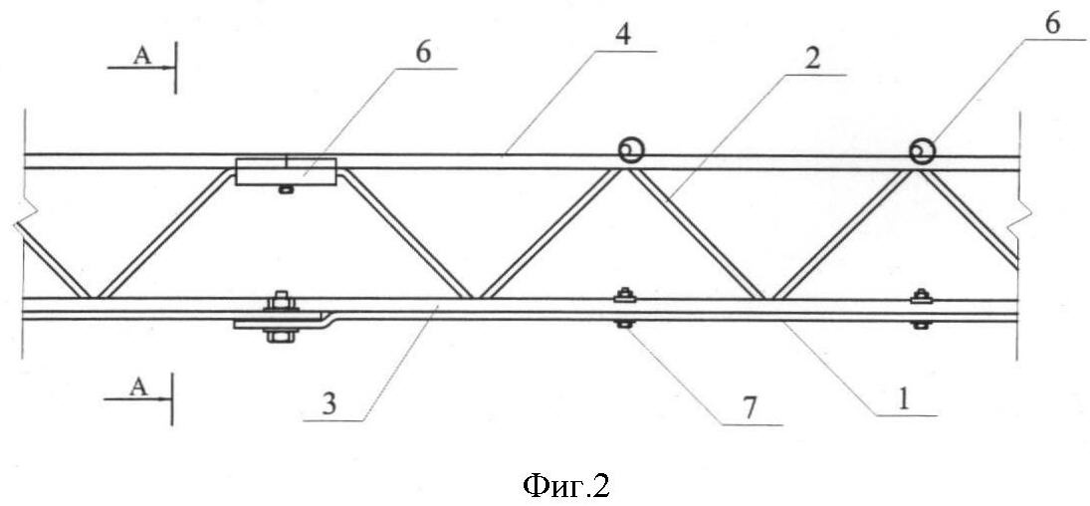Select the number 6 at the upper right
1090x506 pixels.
[x=1053, y=24]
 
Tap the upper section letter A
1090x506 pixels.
[x=141, y=57]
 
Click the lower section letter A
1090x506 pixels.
[x=139, y=387]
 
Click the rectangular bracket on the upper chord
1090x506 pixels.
[x=286, y=171]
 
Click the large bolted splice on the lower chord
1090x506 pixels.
[x=280, y=317]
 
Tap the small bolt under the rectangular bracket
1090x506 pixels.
[x=284, y=188]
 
